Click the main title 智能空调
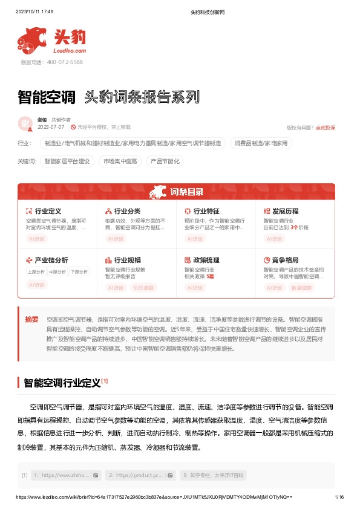[47, 97]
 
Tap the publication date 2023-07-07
[51, 128]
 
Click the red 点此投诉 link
[325, 128]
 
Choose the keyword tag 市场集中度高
[120, 161]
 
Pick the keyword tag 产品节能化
[165, 161]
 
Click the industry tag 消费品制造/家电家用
[261, 143]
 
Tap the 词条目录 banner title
[186, 192]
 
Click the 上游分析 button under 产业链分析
[36, 272]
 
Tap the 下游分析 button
[78, 272]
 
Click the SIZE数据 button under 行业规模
[143, 288]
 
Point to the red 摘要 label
[31, 319]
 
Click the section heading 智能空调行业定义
[61, 383]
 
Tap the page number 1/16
[339, 496]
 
